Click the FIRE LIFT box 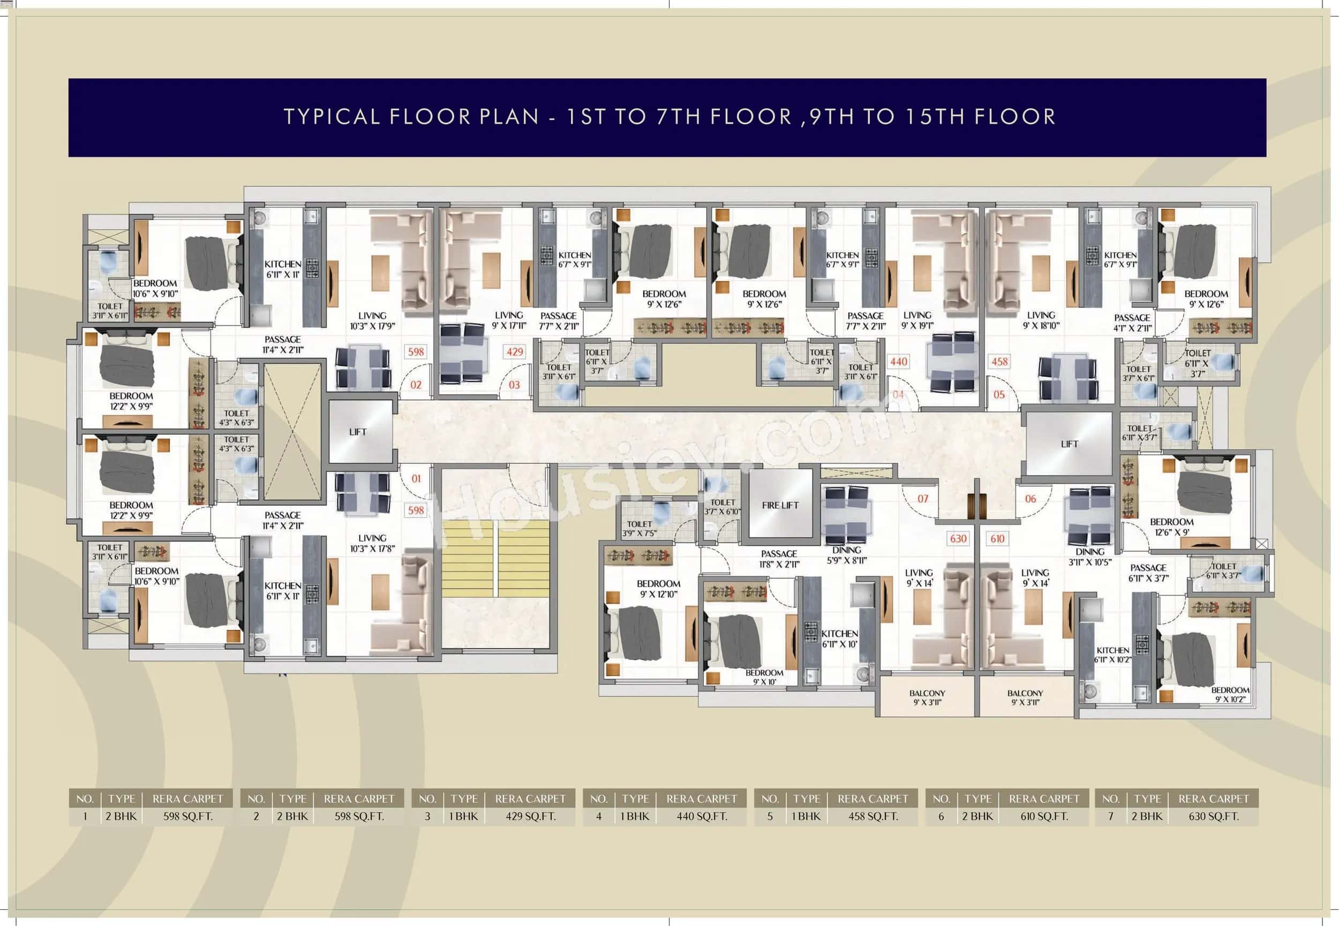[x=780, y=505]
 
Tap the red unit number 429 [x=515, y=351]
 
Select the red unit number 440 [x=898, y=362]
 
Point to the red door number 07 [x=922, y=499]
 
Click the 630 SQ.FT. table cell [x=1213, y=816]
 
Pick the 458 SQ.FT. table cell [x=872, y=816]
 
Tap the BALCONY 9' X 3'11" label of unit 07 [x=927, y=697]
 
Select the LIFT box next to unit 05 [x=1069, y=444]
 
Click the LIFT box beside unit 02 [x=358, y=432]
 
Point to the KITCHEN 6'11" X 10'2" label [x=1112, y=654]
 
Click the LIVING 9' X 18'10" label [x=1041, y=320]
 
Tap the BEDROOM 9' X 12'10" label [x=658, y=588]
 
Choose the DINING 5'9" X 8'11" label [x=846, y=555]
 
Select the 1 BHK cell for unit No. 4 [x=635, y=816]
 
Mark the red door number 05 [x=998, y=395]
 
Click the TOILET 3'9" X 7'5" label [x=640, y=528]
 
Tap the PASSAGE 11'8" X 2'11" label [x=779, y=558]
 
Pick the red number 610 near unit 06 [x=997, y=538]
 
